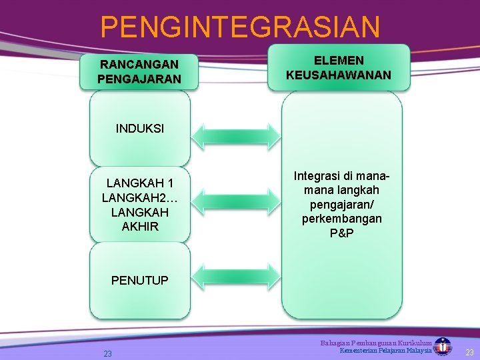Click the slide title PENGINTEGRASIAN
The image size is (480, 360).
(240, 27)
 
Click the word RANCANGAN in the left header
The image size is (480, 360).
(139, 65)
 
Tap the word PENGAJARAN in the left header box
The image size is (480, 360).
(139, 79)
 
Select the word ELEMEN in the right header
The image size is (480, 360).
(339, 61)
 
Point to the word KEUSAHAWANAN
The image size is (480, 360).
(339, 75)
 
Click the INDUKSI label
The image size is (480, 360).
(140, 129)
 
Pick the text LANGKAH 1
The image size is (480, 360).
(140, 183)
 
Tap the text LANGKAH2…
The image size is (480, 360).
(140, 198)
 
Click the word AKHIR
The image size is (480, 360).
(140, 227)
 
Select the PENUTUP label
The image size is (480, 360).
(140, 281)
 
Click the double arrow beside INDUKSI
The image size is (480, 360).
(236, 135)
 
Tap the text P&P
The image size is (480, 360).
(342, 233)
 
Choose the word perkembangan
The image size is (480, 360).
(342, 219)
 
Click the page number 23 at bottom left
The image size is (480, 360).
(107, 354)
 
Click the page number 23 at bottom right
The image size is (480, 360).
(469, 352)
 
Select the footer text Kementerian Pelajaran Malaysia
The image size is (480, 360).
(385, 351)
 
